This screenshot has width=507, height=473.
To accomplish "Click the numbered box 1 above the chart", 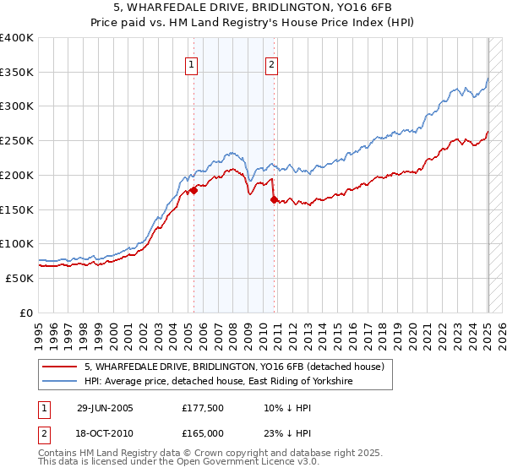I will click(x=192, y=64).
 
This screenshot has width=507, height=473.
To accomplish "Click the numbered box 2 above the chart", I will click(x=272, y=64).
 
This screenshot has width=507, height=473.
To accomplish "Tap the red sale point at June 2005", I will click(x=194, y=191).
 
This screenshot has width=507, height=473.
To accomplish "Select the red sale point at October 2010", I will click(x=274, y=199).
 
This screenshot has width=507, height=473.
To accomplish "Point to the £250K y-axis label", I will click(x=17, y=140).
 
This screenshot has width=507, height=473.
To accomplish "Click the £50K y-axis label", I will click(x=20, y=278).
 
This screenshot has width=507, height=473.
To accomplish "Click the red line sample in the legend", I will click(x=60, y=367).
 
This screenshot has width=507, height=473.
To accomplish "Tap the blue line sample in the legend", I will click(x=60, y=382).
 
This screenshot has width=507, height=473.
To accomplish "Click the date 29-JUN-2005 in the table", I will click(x=105, y=408).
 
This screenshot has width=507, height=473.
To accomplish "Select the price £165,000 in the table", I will click(x=202, y=432).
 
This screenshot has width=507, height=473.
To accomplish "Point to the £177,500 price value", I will click(x=202, y=408).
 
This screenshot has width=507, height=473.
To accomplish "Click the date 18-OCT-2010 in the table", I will click(x=106, y=432).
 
